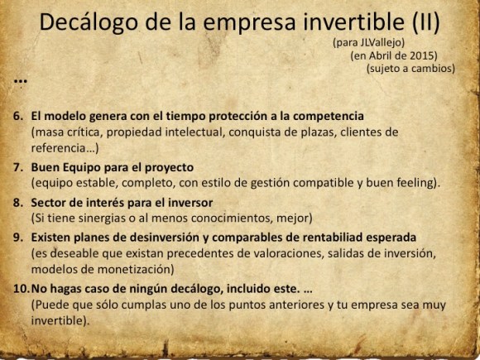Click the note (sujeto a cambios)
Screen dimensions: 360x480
coord(410,69)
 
